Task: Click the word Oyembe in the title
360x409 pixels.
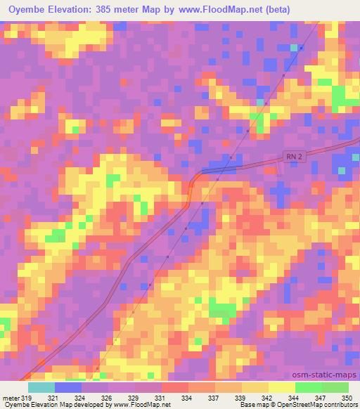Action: point(27,10)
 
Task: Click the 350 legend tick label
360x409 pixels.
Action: point(347,398)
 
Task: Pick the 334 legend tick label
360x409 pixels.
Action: point(186,398)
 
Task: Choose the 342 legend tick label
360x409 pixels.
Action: point(266,398)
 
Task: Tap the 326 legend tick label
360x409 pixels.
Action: point(106,398)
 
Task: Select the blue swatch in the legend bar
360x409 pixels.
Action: point(67,388)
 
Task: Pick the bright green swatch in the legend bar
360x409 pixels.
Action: point(308,388)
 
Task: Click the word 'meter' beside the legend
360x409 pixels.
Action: point(11,398)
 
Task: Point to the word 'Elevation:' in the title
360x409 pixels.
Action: point(77,10)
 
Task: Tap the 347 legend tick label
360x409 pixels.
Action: point(320,398)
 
